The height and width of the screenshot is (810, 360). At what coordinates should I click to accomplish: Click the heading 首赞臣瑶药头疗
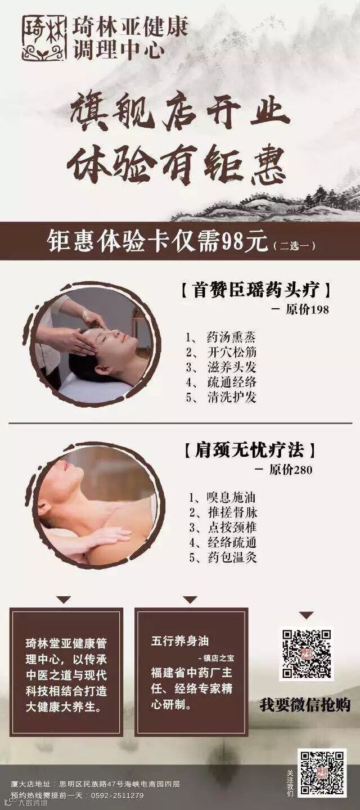pyautogui.click(x=255, y=290)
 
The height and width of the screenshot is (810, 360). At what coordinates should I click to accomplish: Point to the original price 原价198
pyautogui.click(x=307, y=310)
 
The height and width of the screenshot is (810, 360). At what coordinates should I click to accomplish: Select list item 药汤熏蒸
pyautogui.click(x=231, y=337)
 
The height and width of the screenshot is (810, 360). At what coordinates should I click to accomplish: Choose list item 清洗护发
pyautogui.click(x=232, y=397)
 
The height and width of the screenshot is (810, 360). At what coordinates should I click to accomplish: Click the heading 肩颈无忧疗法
pyautogui.click(x=249, y=450)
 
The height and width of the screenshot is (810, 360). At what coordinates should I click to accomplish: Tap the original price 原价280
pyautogui.click(x=291, y=470)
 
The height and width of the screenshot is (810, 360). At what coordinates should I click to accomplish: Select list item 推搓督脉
pyautogui.click(x=232, y=512)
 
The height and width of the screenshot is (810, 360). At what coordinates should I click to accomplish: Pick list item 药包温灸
pyautogui.click(x=232, y=557)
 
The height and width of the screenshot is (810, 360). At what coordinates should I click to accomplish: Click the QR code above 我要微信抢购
pyautogui.click(x=307, y=654)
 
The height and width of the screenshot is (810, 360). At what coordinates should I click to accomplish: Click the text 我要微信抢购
pyautogui.click(x=305, y=705)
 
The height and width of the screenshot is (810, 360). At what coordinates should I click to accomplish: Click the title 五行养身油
pyautogui.click(x=180, y=641)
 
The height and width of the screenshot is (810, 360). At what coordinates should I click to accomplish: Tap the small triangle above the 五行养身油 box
pyautogui.click(x=190, y=600)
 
